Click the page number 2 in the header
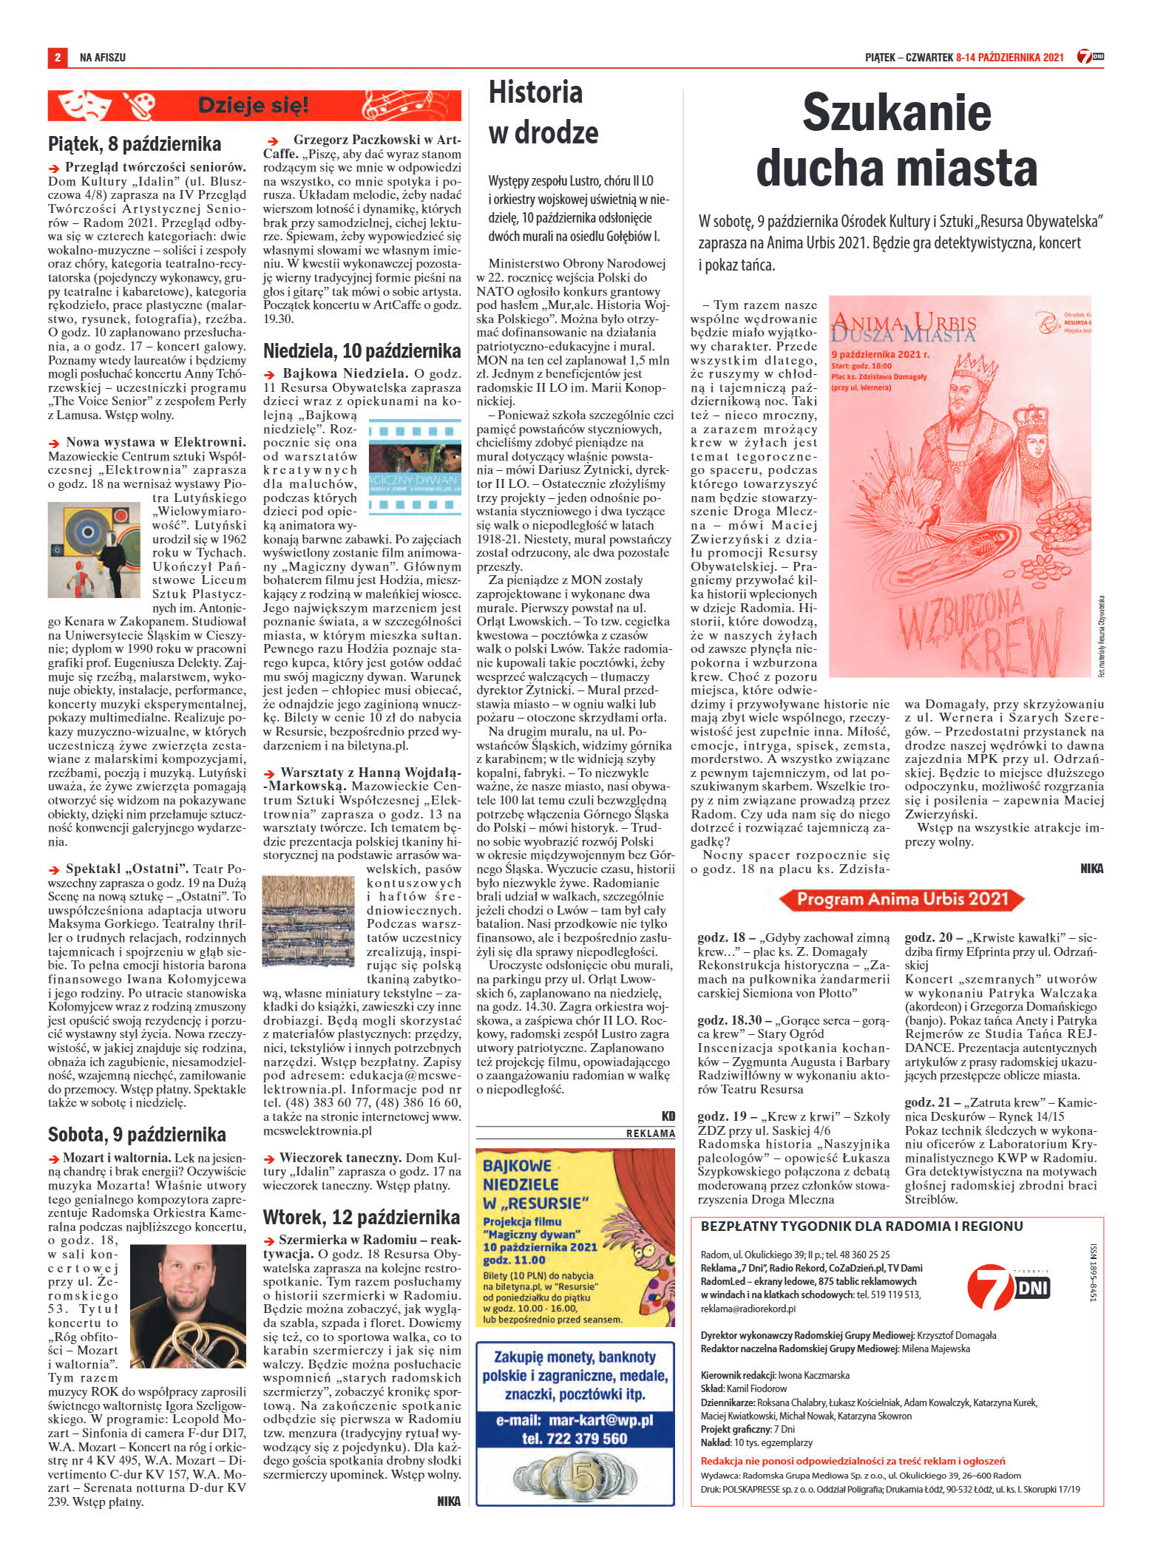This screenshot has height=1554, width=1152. click(56, 57)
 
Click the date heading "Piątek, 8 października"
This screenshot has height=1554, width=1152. click(135, 143)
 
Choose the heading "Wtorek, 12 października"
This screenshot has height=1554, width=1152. click(362, 1217)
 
